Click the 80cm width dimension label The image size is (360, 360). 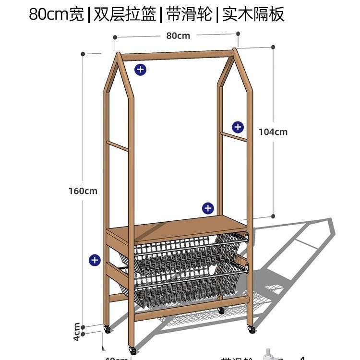coord(178,36)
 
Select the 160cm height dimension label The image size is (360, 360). coord(83,191)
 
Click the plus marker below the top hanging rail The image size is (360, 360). coord(140,70)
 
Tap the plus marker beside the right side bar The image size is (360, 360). coord(238,127)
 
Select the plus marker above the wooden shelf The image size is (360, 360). coord(207,208)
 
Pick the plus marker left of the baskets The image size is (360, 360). coord(95,260)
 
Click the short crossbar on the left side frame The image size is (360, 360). coord(117,145)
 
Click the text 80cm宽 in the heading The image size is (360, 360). coord(56,14)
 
